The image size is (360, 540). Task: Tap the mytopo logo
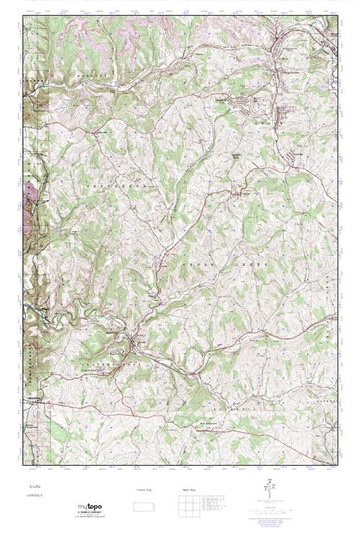click(90, 508)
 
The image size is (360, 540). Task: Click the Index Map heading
click(189, 490)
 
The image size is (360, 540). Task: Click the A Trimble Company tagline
click(90, 514)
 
